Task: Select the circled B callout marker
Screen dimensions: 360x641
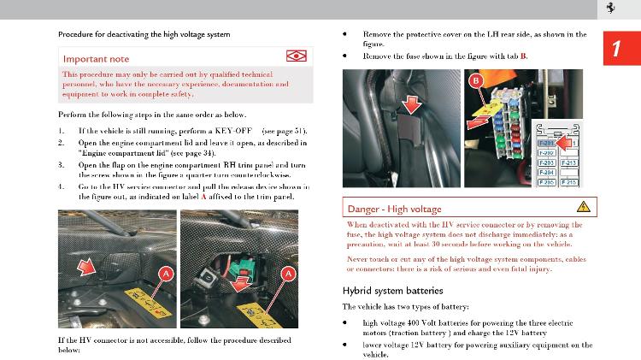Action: [476, 81]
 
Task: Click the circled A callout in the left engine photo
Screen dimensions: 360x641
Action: [167, 273]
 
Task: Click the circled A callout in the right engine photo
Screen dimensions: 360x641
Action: [289, 273]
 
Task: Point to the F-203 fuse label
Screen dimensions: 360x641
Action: [546, 162]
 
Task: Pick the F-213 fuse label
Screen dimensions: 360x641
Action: [570, 162]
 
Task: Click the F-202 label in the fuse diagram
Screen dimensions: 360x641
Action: [546, 152]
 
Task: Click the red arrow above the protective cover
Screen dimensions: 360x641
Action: [412, 105]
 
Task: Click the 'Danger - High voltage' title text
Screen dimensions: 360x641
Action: [393, 208]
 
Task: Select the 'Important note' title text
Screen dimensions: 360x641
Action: [97, 58]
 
